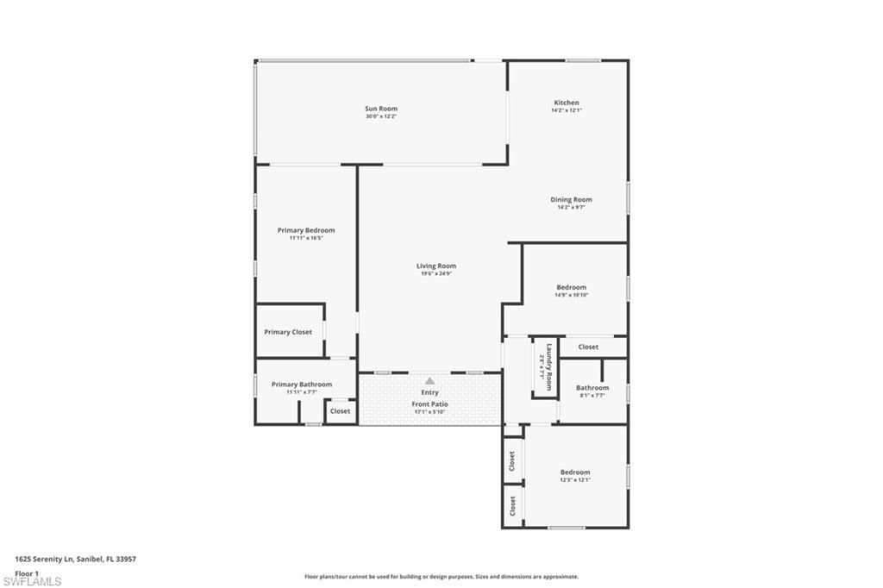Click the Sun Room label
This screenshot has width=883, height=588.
(381, 109)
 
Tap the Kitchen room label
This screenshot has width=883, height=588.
(567, 103)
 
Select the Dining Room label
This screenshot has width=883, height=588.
(571, 199)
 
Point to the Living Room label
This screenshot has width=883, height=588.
(435, 266)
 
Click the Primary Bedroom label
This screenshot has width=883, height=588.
(306, 230)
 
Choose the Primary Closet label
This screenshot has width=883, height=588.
(288, 332)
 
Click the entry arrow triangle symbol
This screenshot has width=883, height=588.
(429, 380)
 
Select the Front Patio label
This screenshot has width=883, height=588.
(429, 403)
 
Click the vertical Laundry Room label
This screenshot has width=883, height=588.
(546, 362)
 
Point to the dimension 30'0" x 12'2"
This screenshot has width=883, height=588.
(381, 116)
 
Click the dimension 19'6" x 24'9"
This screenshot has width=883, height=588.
(435, 273)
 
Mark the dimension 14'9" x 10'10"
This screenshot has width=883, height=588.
(571, 295)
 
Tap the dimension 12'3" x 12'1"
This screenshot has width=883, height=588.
(575, 479)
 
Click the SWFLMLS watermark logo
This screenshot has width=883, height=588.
(32, 580)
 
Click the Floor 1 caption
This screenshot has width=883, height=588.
(27, 572)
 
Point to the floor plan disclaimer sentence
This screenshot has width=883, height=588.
(441, 577)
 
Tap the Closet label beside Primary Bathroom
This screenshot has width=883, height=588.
(341, 411)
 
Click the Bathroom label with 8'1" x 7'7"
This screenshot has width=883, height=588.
(592, 388)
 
